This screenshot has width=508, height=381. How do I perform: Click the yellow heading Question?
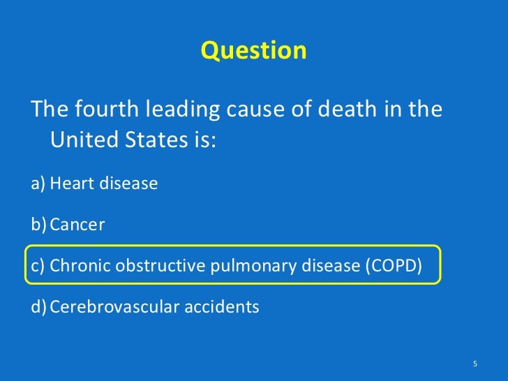pyautogui.click(x=253, y=51)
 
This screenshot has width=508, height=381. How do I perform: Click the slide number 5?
pyautogui.click(x=475, y=364)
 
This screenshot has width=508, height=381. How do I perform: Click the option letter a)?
pyautogui.click(x=39, y=184)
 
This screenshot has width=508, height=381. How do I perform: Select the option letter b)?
pyautogui.click(x=39, y=225)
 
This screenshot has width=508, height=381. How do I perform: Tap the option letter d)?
pyautogui.click(x=39, y=307)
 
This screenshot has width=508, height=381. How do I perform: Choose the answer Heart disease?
pyautogui.click(x=104, y=184)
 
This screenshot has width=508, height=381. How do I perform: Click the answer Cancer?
pyautogui.click(x=77, y=225)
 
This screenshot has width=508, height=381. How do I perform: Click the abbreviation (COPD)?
pyautogui.click(x=393, y=266)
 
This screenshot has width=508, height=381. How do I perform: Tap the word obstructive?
pyautogui.click(x=155, y=266)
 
